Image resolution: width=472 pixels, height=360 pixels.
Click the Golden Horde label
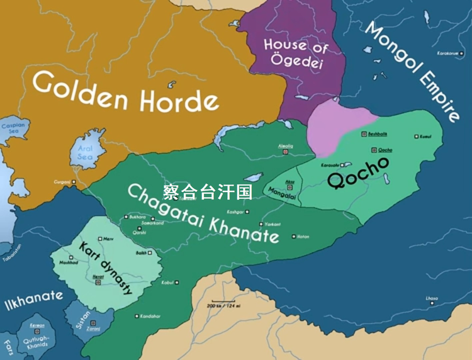point(126,91)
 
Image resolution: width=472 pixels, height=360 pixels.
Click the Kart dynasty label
point(106,267)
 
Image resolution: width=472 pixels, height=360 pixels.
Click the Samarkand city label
point(152,223)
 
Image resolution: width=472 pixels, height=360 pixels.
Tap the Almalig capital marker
point(286,152)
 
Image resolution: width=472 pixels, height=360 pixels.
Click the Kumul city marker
point(416,136)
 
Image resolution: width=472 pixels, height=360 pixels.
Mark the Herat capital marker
point(98,283)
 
